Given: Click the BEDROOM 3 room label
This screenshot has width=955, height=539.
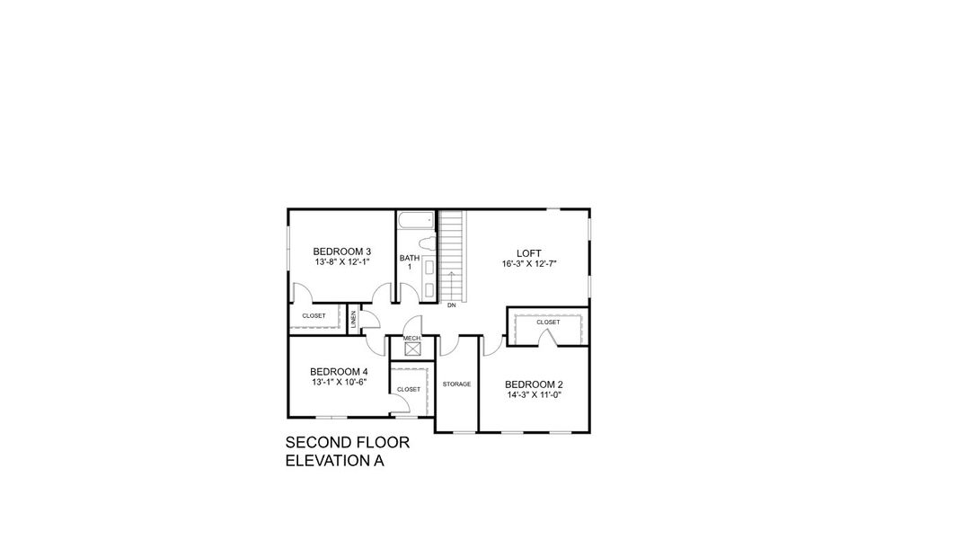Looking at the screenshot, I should [342, 251].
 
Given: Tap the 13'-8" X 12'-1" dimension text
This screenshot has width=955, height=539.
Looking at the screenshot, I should [342, 261].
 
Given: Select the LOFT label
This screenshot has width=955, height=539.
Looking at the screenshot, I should [529, 253].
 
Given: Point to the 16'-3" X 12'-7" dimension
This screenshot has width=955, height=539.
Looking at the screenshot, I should [529, 264].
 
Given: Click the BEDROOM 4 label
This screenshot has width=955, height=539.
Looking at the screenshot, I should [339, 371].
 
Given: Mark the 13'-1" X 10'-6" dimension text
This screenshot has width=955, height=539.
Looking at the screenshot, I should [339, 382].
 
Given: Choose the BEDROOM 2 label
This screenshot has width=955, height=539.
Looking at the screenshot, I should [534, 384].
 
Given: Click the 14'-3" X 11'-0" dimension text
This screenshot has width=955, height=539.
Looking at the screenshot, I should [534, 395].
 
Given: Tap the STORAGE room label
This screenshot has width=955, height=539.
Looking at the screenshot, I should [456, 384].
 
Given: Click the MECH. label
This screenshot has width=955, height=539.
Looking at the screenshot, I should [411, 338].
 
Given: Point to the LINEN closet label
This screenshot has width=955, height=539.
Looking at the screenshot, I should [353, 317].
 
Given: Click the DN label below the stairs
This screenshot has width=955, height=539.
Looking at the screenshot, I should [451, 306].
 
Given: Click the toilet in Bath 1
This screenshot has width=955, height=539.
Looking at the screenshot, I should [428, 244].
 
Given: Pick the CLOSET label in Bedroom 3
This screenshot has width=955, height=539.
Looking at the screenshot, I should [314, 316].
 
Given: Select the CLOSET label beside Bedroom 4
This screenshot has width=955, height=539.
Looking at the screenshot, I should [409, 389].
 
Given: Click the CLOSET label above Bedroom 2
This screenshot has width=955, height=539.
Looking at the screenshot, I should [548, 322].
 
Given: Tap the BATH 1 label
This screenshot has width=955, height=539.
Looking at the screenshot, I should [409, 261].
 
